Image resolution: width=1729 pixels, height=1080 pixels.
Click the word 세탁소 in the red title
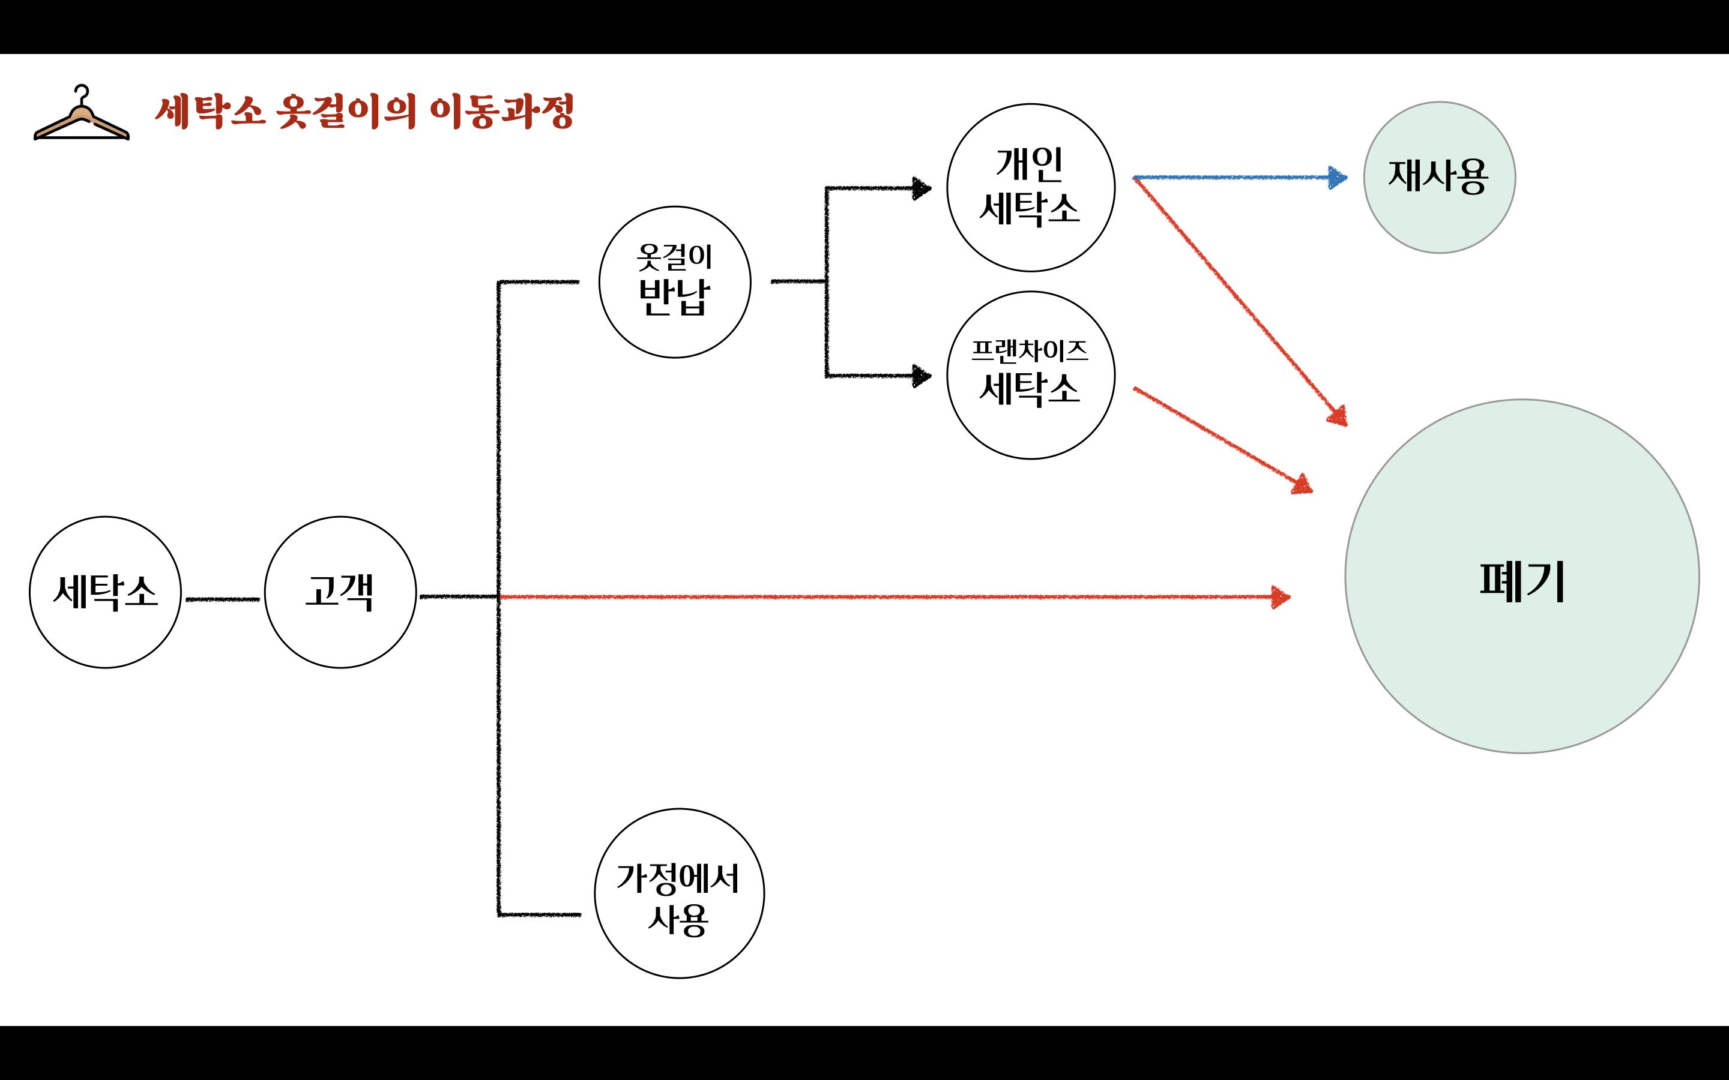[x=210, y=112]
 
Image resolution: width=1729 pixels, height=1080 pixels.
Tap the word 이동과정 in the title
[x=501, y=112]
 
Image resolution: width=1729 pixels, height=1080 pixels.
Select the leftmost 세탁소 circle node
[x=105, y=592]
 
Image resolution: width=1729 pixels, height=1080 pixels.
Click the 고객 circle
[x=340, y=592]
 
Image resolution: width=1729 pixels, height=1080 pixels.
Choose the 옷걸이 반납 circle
[x=674, y=282]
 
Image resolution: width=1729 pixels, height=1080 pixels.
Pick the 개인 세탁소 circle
[x=1030, y=187]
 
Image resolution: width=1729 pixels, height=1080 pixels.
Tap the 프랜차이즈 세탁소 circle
[x=1030, y=375]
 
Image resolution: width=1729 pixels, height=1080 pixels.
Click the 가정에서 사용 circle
[x=679, y=893]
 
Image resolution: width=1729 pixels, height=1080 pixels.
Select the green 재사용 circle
[x=1439, y=177]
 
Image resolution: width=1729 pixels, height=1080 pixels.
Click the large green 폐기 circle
[x=1522, y=576]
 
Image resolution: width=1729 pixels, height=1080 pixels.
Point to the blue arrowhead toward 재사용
[x=1337, y=178]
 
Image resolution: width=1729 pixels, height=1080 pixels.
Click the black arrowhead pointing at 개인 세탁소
[x=922, y=188]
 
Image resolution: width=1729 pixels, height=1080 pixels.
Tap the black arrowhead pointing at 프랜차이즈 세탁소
[x=922, y=376]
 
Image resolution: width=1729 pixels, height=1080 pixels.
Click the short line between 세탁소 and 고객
[x=222, y=599]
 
